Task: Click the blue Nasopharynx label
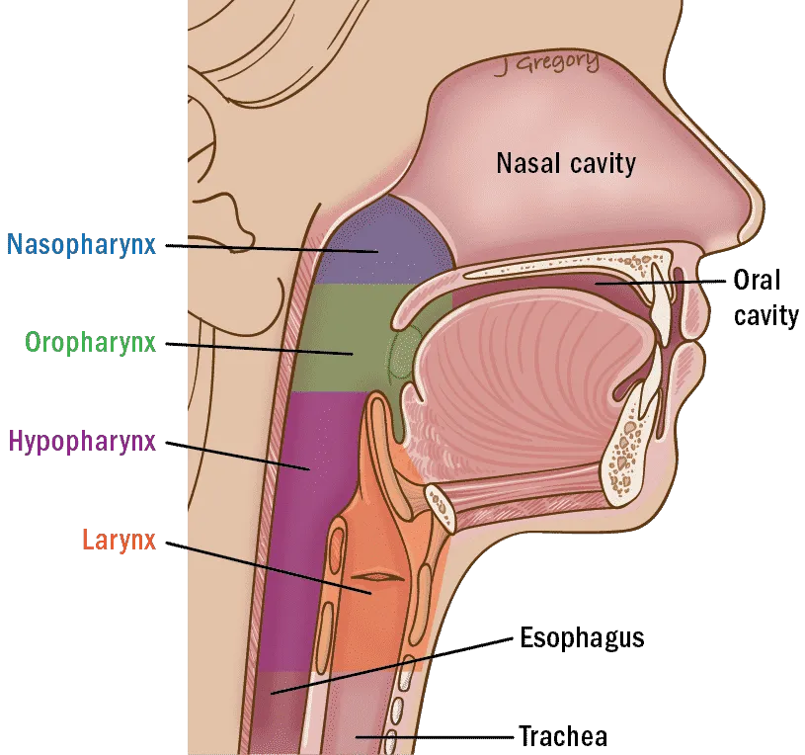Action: click(81, 244)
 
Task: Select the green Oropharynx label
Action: click(90, 343)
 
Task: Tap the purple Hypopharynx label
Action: click(82, 441)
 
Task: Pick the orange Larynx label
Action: click(120, 541)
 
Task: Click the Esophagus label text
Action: click(582, 638)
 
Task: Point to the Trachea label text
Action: click(563, 736)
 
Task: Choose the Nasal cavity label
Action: click(566, 163)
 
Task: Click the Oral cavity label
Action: click(765, 297)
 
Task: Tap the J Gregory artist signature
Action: click(547, 63)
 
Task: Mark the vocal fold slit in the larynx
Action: click(378, 577)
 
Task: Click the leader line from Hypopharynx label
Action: click(238, 456)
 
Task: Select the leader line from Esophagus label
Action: click(392, 666)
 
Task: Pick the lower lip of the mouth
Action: click(686, 371)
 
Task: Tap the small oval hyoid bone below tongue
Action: click(440, 506)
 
